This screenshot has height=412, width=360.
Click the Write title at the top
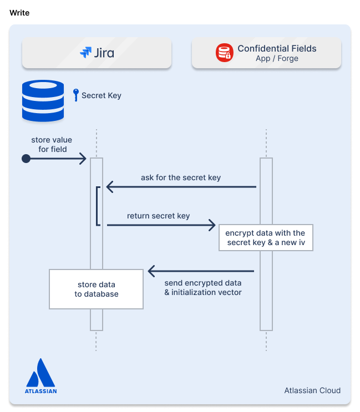[19, 13]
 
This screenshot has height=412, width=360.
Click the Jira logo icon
[85, 53]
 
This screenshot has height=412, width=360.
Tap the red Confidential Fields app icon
[225, 53]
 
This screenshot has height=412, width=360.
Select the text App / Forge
[277, 59]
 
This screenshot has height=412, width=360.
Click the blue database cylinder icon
[43, 100]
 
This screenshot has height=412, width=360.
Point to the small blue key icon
[76, 95]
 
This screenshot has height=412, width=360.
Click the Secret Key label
[101, 95]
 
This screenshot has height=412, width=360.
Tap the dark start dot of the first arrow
[26, 159]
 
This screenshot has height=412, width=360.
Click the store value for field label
[52, 144]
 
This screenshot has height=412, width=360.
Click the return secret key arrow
[161, 225]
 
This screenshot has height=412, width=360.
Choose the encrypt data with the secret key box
[266, 237]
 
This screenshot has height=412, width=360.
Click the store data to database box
[96, 289]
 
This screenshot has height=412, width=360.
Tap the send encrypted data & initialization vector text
[203, 288]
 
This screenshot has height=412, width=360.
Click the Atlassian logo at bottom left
[40, 375]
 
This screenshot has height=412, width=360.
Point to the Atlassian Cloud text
[312, 390]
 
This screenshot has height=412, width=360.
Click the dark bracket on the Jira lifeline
[98, 206]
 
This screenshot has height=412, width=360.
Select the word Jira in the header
[104, 53]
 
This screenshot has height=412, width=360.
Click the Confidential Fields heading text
[277, 48]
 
